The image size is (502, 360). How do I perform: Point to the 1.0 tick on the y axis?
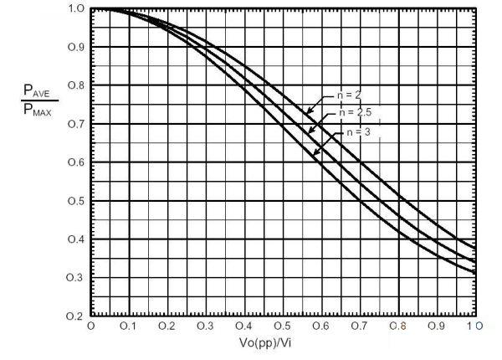pyautogui.click(x=74, y=9)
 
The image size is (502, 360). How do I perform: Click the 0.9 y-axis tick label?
pyautogui.click(x=74, y=47)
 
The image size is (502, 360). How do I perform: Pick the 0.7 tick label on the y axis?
pyautogui.click(x=74, y=124)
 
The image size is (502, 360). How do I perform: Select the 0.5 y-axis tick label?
pyautogui.click(x=74, y=202)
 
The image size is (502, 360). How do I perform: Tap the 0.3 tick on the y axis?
pyautogui.click(x=74, y=278)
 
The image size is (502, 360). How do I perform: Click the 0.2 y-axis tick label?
pyautogui.click(x=74, y=316)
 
